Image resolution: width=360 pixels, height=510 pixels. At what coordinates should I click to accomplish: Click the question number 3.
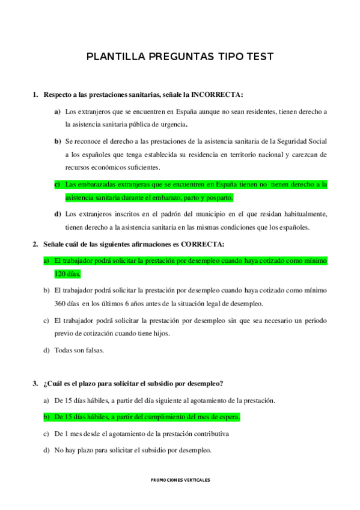coord(35,384)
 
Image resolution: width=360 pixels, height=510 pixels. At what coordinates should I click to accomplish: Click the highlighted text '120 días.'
coord(67,274)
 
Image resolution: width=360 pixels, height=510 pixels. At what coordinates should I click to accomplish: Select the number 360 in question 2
coord(62,304)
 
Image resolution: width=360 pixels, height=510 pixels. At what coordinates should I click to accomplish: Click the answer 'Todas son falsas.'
coord(79,350)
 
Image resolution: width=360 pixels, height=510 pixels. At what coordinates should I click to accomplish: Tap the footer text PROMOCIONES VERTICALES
coord(180,480)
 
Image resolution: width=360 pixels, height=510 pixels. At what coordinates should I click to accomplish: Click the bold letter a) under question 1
coord(58,111)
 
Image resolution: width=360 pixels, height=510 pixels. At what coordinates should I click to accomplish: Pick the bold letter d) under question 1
coord(58,214)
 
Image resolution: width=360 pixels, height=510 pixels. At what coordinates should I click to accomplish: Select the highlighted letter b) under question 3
coord(46,417)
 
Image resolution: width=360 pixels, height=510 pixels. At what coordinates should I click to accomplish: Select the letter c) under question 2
coord(46,321)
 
